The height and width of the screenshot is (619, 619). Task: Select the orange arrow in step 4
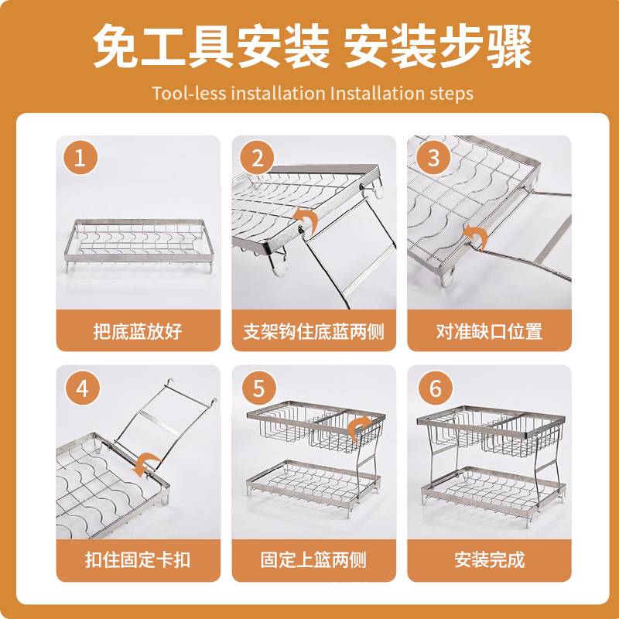[x=145, y=463]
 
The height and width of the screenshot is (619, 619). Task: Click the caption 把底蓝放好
[x=137, y=332]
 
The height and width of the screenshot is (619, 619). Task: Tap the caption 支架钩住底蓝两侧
[x=313, y=332]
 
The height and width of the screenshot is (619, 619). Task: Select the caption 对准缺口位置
[x=488, y=332]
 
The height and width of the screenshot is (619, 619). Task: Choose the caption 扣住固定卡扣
[x=137, y=559]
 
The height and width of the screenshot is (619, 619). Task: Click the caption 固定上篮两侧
[x=313, y=559]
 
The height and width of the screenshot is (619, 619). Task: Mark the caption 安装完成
[x=488, y=559]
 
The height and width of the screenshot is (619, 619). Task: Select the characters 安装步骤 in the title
[x=437, y=47]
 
